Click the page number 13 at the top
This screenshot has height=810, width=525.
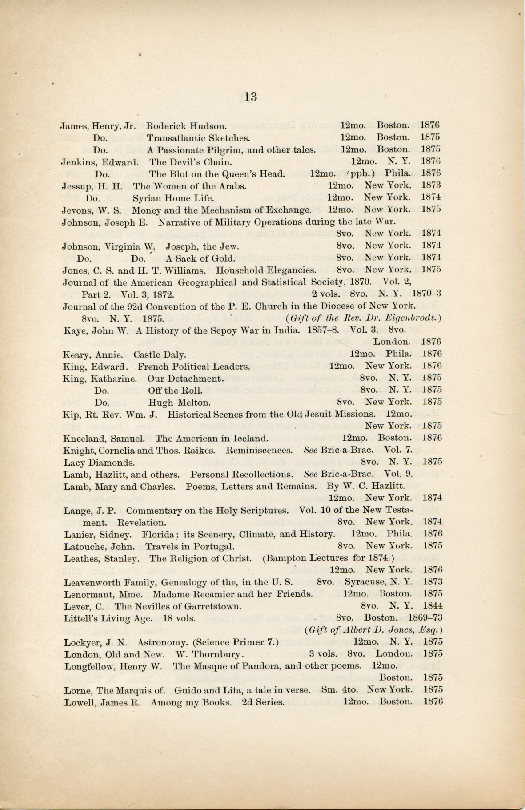click(x=251, y=96)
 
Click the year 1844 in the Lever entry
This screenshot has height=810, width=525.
click(x=433, y=605)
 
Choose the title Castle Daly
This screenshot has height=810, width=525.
click(x=160, y=355)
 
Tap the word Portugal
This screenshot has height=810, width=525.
click(x=216, y=546)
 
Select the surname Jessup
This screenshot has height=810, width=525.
click(x=76, y=186)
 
